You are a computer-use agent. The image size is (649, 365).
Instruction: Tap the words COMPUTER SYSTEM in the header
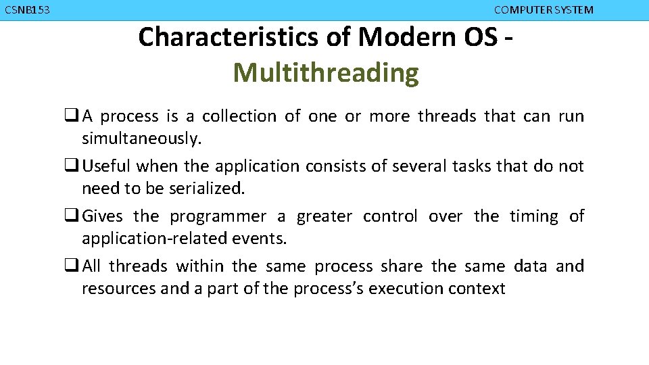pos(544,10)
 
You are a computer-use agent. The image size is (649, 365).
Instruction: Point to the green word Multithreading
pos(326,73)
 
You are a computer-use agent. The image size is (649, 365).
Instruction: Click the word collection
pos(239,116)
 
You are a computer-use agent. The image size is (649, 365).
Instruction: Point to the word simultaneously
pos(141,139)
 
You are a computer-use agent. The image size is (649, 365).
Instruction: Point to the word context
pos(480,289)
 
